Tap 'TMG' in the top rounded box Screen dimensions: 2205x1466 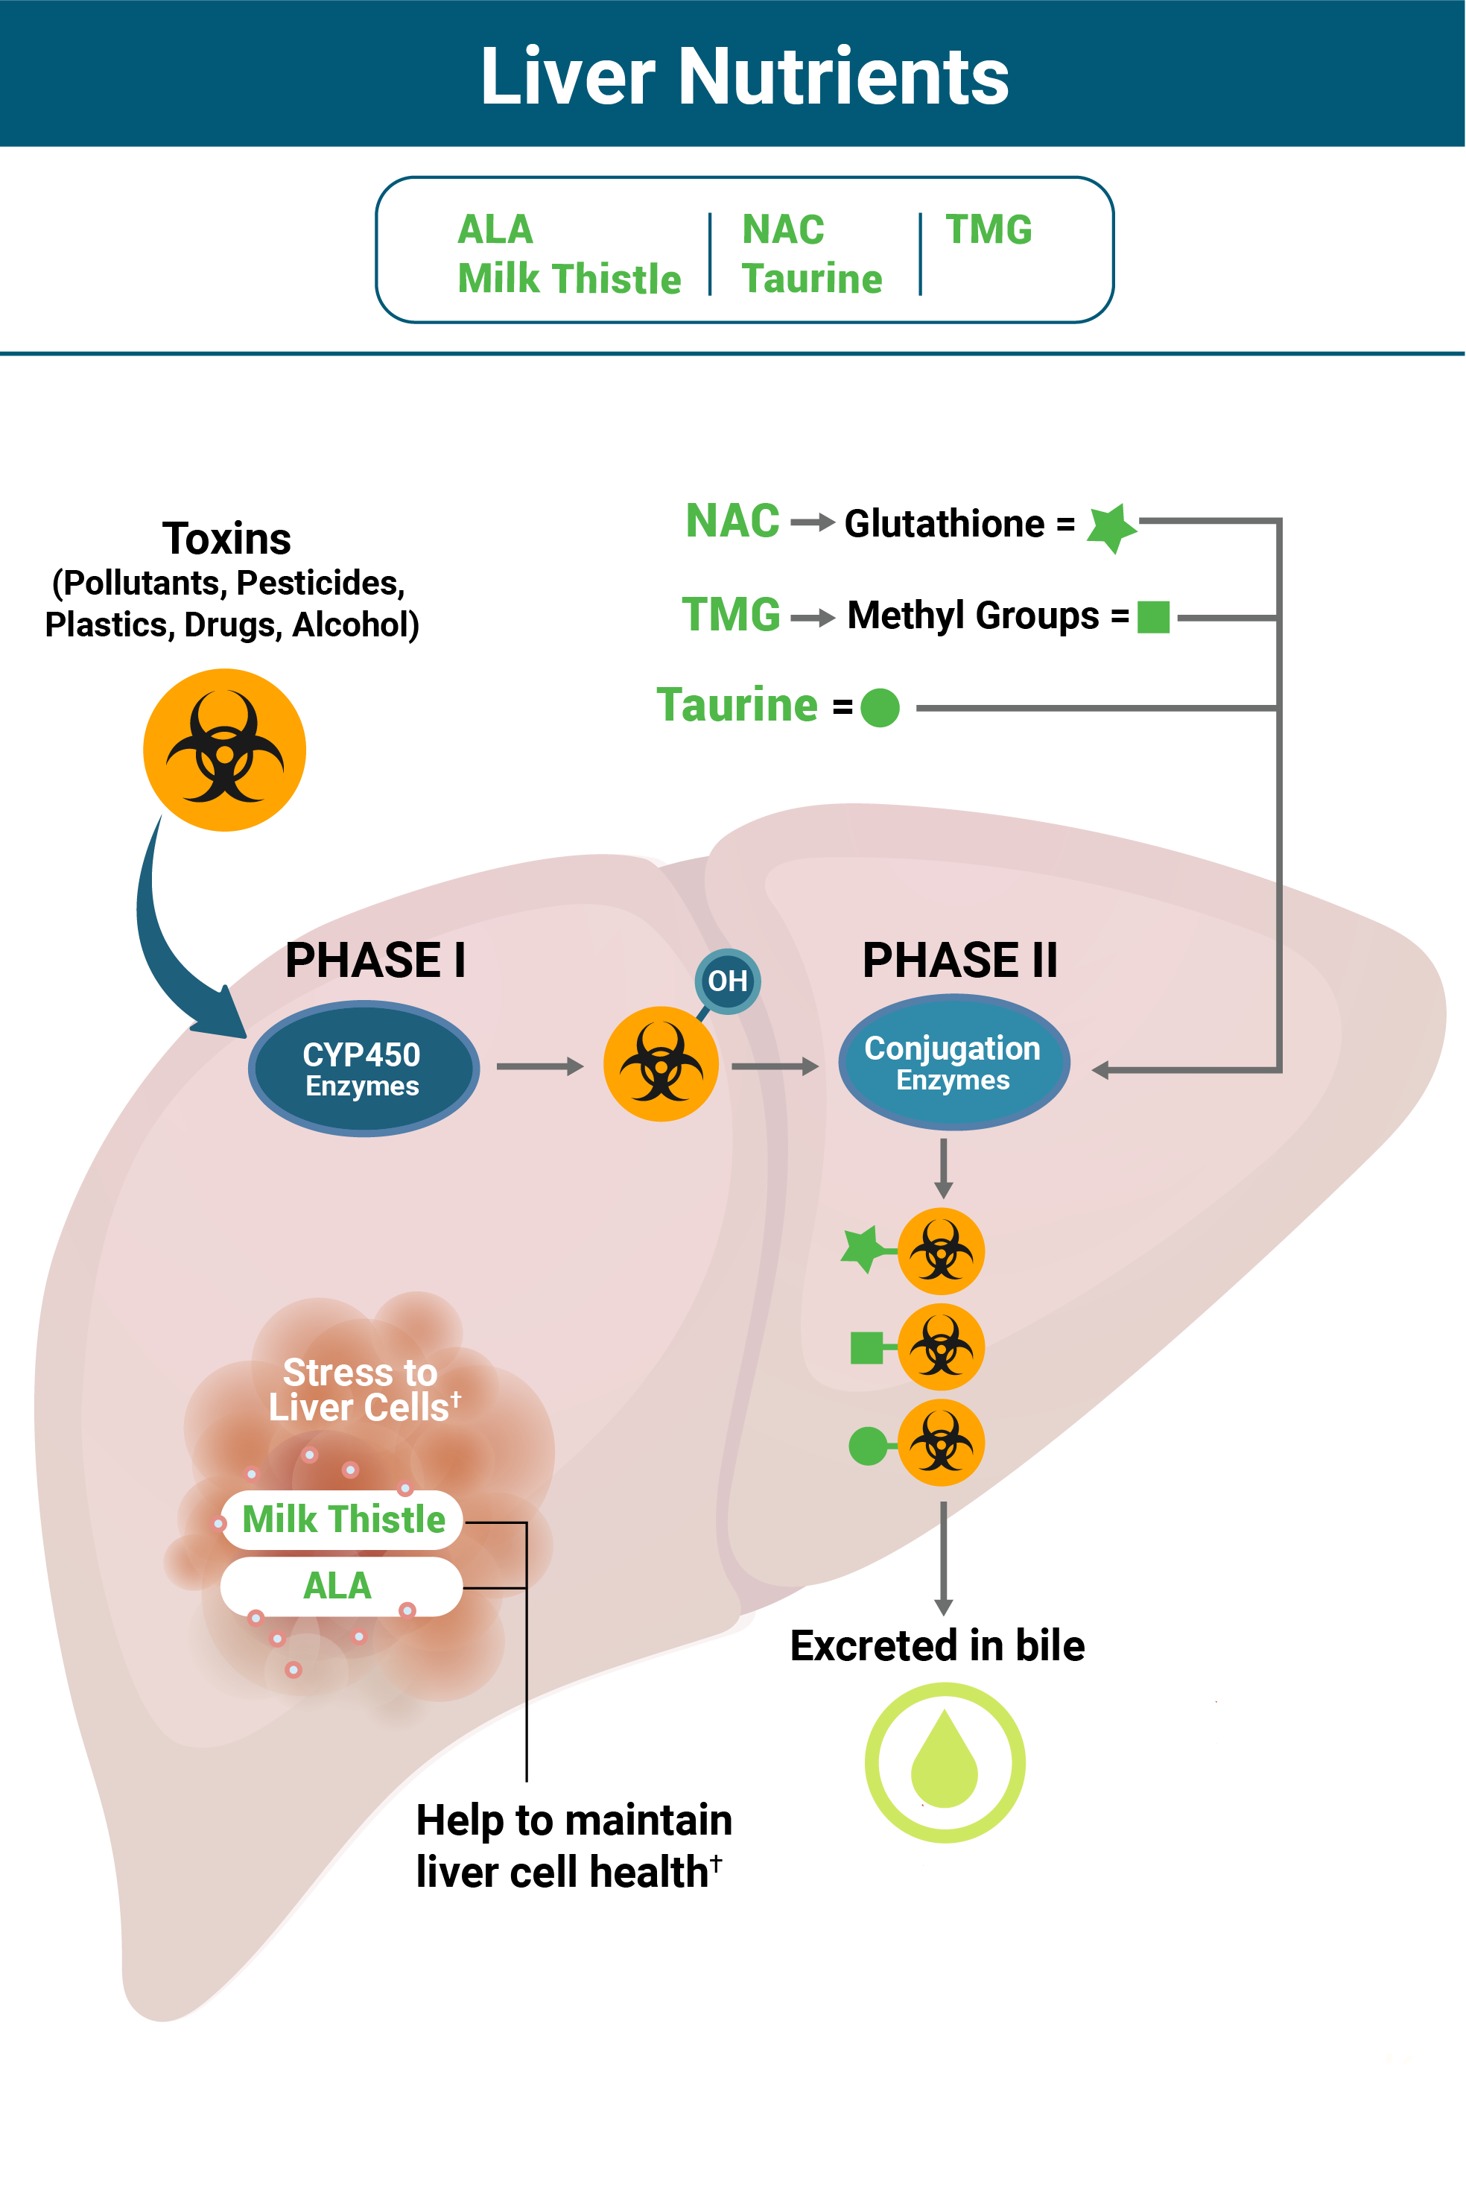(989, 229)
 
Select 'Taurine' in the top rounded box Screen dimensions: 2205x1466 (811, 279)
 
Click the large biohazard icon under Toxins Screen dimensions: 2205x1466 (224, 749)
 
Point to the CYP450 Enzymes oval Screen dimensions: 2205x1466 (364, 1068)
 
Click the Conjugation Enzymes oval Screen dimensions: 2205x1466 (953, 1063)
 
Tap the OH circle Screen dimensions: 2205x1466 (727, 981)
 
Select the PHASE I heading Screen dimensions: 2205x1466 (375, 961)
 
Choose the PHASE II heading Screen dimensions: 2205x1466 (959, 961)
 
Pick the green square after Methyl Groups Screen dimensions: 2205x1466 (1153, 617)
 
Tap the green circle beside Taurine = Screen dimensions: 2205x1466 (879, 707)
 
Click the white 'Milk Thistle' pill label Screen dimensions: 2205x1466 (342, 1519)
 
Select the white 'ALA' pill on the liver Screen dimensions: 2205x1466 (340, 1586)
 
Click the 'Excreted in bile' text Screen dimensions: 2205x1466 (937, 1646)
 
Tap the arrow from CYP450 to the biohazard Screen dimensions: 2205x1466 (539, 1066)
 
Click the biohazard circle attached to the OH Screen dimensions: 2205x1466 (661, 1064)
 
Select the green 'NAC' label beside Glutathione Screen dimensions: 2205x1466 (732, 521)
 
